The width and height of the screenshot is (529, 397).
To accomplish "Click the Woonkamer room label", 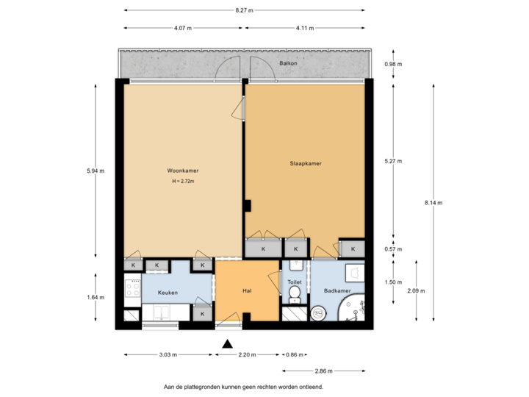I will click(183, 171).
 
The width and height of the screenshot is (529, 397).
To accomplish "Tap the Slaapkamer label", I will click(305, 163).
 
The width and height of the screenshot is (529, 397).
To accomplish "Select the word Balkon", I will click(288, 64).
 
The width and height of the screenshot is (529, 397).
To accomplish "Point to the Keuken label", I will click(168, 293).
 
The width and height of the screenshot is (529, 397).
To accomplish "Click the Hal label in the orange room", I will click(248, 292).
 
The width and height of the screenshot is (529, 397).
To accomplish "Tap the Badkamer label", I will click(337, 292).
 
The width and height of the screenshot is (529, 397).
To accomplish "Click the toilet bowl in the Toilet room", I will click(295, 295).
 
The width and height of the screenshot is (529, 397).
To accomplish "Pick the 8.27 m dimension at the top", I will click(245, 10).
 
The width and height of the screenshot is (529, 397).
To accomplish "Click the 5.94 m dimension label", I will click(96, 171).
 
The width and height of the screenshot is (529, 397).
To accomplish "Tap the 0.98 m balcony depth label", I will click(394, 64).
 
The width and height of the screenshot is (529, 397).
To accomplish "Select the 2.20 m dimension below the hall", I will click(248, 354).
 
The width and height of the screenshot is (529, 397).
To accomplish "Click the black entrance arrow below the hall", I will click(228, 343).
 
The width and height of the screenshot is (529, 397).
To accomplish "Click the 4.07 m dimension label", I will click(183, 29).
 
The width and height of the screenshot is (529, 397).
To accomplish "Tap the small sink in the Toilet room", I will click(295, 265).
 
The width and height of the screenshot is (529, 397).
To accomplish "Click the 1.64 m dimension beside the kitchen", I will click(96, 297).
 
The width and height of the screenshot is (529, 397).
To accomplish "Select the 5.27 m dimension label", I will click(394, 161).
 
